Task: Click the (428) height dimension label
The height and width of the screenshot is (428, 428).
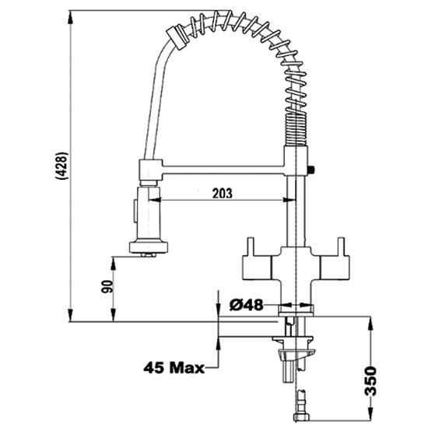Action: tap(61, 166)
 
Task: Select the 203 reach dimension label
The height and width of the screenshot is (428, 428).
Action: tap(223, 193)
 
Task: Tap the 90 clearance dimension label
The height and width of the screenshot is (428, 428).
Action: tap(107, 286)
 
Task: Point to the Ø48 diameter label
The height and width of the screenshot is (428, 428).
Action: tap(246, 305)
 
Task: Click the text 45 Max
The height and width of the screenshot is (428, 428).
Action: tap(174, 367)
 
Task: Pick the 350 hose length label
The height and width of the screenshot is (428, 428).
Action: tap(370, 381)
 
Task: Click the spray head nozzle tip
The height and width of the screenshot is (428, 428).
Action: tap(149, 255)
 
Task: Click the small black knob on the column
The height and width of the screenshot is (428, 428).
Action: tap(311, 170)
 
